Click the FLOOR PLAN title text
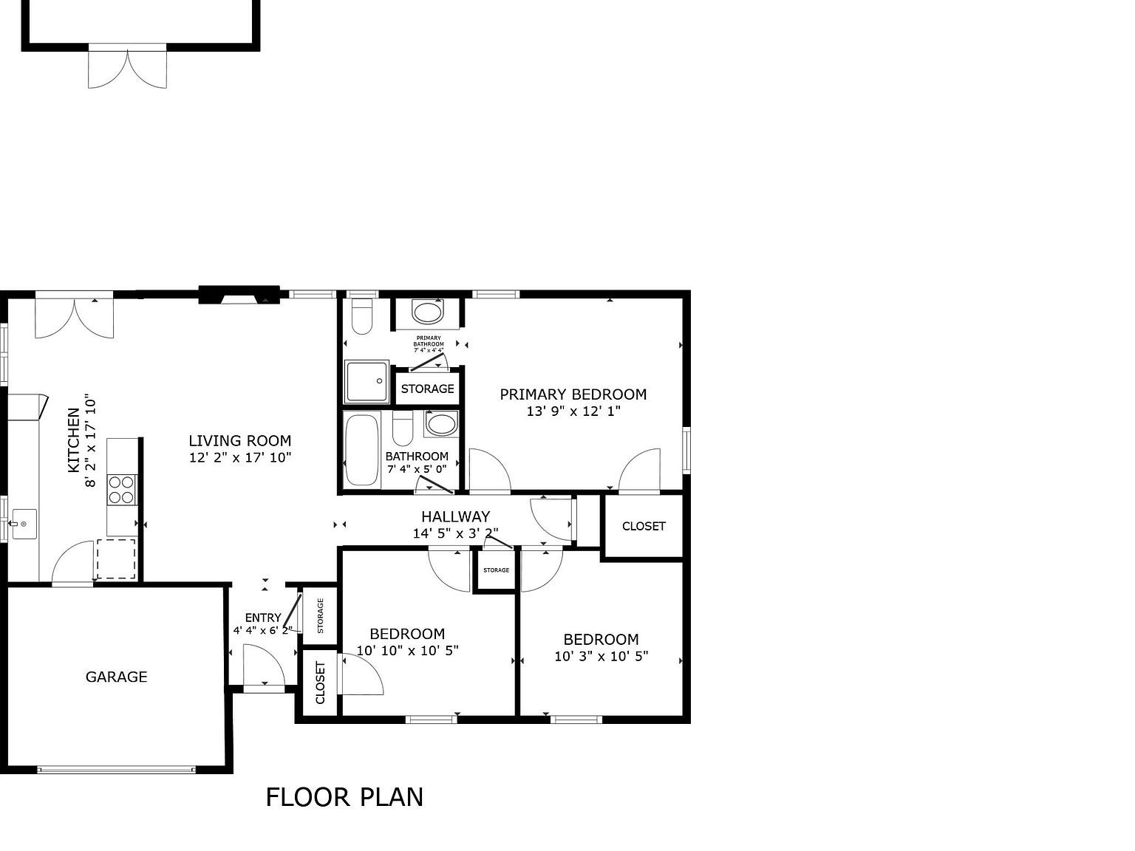click(x=344, y=797)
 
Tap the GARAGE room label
click(x=116, y=677)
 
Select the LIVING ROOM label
click(x=240, y=441)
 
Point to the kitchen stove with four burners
click(x=122, y=490)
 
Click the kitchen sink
click(x=24, y=524)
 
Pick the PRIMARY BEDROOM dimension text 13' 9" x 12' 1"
click(x=573, y=411)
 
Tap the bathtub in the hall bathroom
click(x=362, y=450)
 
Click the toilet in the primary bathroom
click(x=361, y=316)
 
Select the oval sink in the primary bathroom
click(x=428, y=312)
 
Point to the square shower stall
click(x=367, y=381)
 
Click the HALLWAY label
click(x=455, y=516)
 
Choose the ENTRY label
click(x=263, y=618)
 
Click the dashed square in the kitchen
click(x=116, y=559)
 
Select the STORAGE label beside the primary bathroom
click(x=428, y=389)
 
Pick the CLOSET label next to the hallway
click(x=644, y=526)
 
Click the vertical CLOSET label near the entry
click(x=320, y=683)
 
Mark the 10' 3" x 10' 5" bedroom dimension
click(x=601, y=656)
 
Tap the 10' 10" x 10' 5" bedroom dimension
click(x=407, y=651)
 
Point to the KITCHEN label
click(x=74, y=440)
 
